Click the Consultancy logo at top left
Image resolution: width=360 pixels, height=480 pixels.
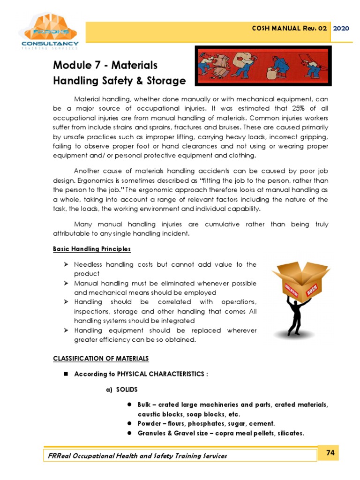pyautogui.click(x=49, y=32)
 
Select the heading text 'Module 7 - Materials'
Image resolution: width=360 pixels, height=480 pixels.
pyautogui.click(x=105, y=65)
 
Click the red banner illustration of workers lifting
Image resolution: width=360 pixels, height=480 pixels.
pyautogui.click(x=262, y=66)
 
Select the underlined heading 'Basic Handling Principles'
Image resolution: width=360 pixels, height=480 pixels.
pyautogui.click(x=92, y=249)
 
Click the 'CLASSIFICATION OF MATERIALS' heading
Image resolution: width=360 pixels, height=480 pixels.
pyautogui.click(x=101, y=359)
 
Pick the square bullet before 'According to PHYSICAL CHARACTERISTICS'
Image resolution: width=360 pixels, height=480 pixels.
pyautogui.click(x=66, y=374)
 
